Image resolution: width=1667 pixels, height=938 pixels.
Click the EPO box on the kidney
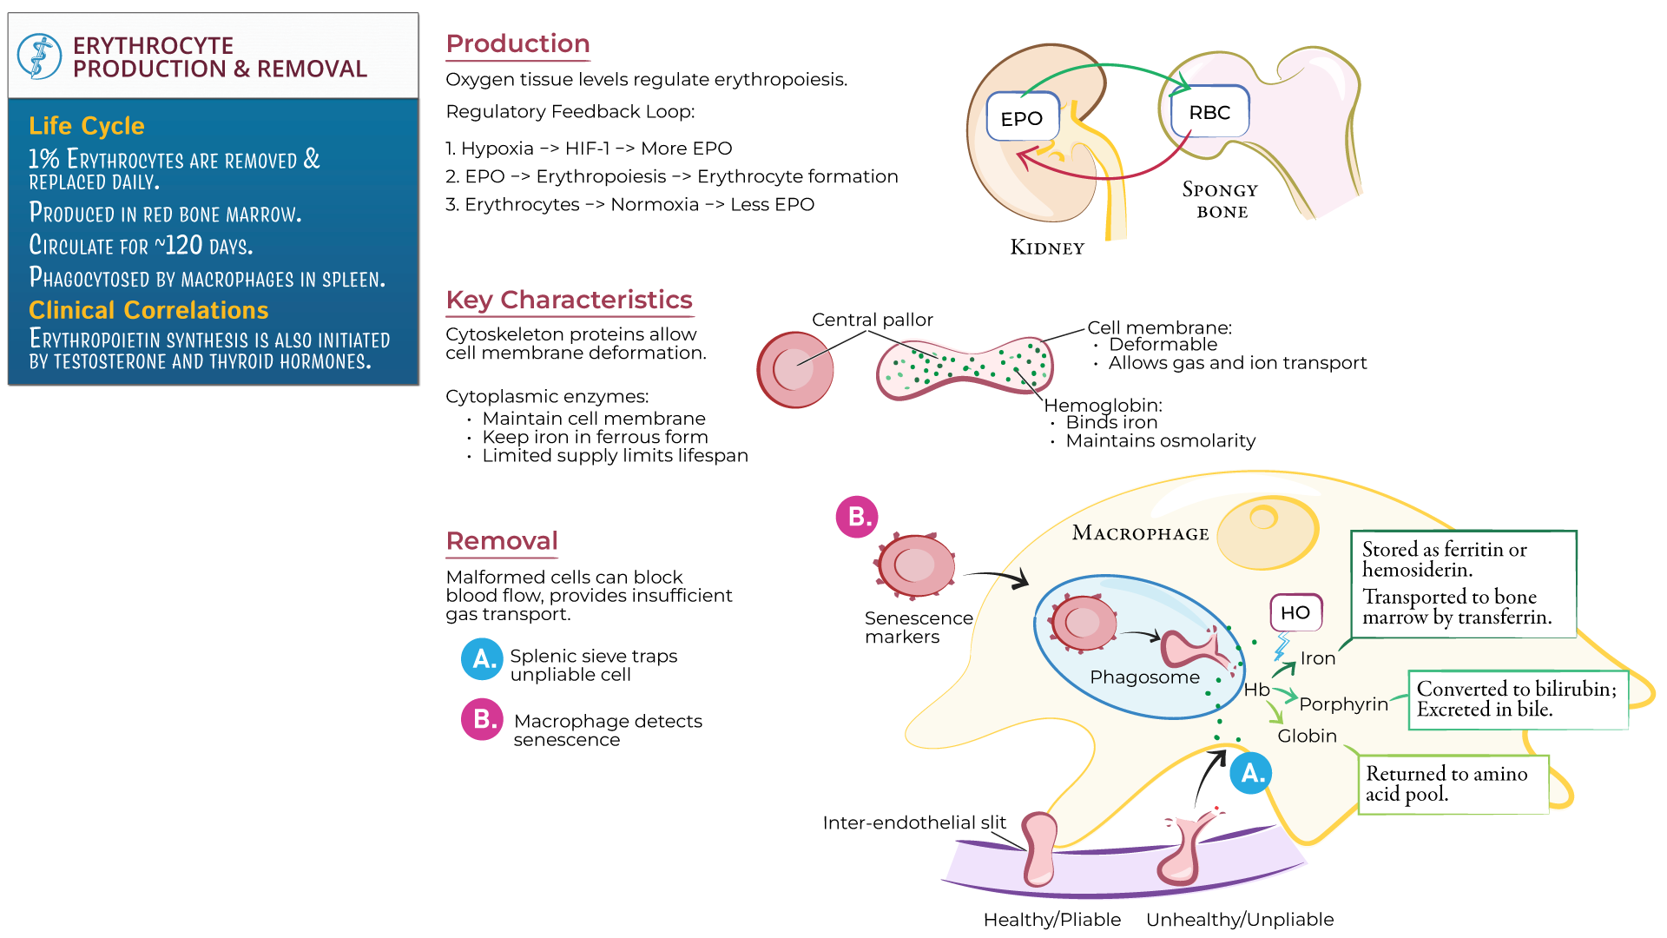coord(1022,117)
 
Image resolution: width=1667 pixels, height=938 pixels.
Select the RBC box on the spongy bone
coord(1209,112)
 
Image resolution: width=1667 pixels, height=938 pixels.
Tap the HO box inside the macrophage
coord(1295,612)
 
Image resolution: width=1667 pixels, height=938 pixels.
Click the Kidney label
coord(1047,248)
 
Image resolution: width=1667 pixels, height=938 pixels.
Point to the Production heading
coord(517,43)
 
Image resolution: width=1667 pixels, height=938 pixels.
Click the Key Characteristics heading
coord(569,300)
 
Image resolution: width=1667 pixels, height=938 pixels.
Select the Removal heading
coord(502,541)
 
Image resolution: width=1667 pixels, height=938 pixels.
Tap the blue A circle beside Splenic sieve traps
coord(481,659)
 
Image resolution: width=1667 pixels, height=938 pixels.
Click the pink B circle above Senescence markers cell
coord(856,517)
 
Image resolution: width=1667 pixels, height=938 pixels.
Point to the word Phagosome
coord(1144,677)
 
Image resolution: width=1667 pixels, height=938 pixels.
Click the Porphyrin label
coord(1343,703)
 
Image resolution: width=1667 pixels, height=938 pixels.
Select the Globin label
coord(1307,736)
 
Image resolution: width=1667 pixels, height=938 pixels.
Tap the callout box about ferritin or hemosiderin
coord(1463,584)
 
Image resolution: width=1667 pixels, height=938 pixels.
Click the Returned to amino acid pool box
coord(1453,783)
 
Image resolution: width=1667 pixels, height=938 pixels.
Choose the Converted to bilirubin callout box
coord(1517,699)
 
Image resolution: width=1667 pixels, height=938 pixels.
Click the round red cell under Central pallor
coord(794,370)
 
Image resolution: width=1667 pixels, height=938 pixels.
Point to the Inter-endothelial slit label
coord(913,822)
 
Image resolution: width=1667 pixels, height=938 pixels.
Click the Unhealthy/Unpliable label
coord(1239,919)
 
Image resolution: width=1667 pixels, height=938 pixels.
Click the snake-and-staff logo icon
coord(39,56)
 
